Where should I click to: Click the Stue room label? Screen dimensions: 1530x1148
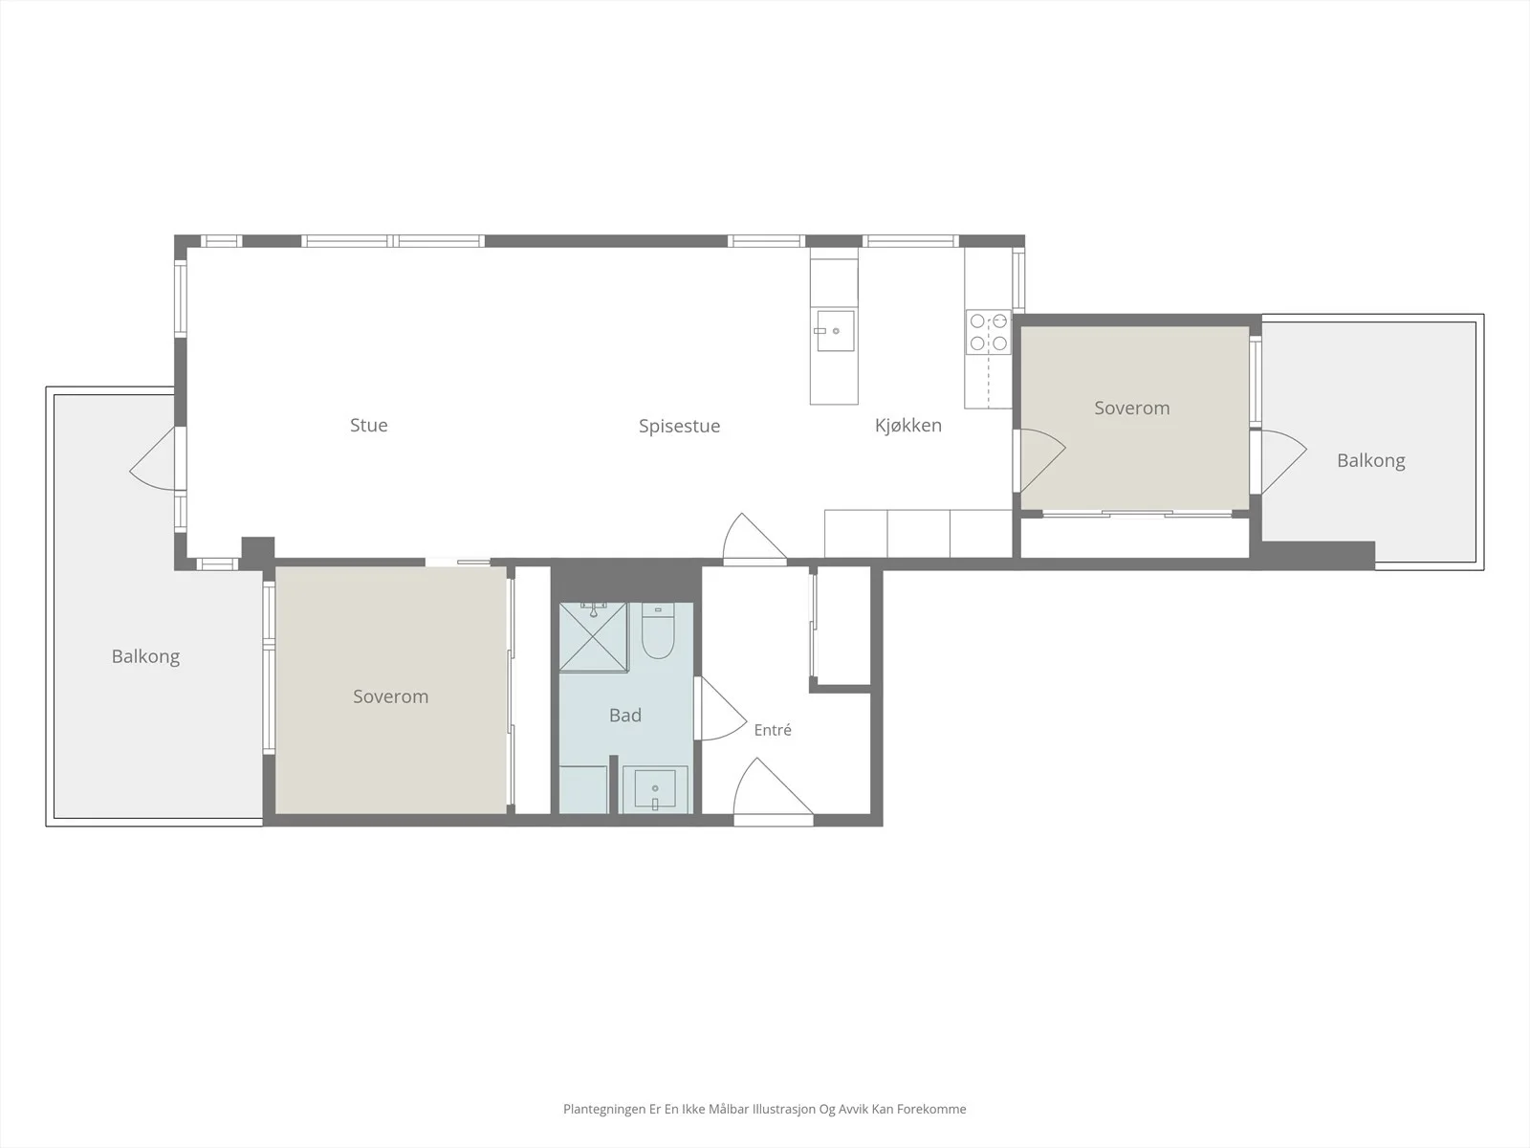pos(369,425)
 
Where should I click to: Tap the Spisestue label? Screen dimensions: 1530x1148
pos(680,427)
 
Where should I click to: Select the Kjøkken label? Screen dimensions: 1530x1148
pos(908,425)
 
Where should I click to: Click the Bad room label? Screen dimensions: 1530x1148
pos(625,716)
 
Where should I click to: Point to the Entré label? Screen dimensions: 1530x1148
pos(773,730)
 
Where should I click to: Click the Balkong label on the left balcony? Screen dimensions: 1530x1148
pos(145,656)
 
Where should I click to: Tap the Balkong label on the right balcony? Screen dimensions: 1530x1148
pos(1371,461)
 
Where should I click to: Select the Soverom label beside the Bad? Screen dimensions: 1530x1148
pos(390,696)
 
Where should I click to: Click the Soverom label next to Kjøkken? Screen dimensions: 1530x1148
pos(1132,408)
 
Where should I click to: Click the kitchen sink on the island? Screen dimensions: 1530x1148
pos(835,330)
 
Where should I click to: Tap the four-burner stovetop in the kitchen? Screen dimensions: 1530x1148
pos(989,333)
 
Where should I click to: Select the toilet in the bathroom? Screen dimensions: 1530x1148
pos(657,631)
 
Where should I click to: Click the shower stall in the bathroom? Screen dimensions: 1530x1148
pos(594,637)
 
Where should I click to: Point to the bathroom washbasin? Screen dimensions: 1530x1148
pos(655,789)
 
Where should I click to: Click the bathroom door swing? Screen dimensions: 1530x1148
pos(721,708)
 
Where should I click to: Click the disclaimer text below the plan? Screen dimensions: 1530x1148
pos(765,1109)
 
